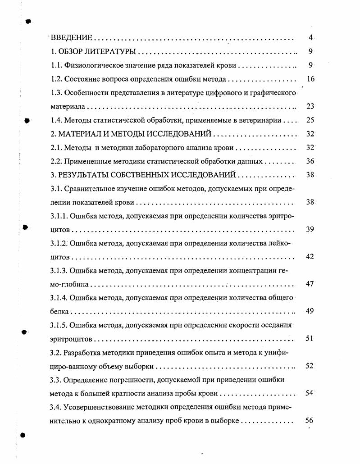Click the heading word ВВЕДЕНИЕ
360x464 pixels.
tap(71, 38)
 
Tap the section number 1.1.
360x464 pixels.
tap(56, 65)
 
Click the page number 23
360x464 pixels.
tap(310, 107)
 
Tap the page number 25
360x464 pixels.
tap(310, 120)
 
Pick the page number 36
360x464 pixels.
tap(310, 161)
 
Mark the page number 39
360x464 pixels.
tap(310, 230)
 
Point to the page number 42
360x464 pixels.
tap(310, 257)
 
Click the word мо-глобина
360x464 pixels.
tap(70, 285)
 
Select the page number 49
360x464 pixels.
tap(310, 311)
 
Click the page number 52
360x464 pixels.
tap(309, 366)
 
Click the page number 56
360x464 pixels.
tap(309, 421)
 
